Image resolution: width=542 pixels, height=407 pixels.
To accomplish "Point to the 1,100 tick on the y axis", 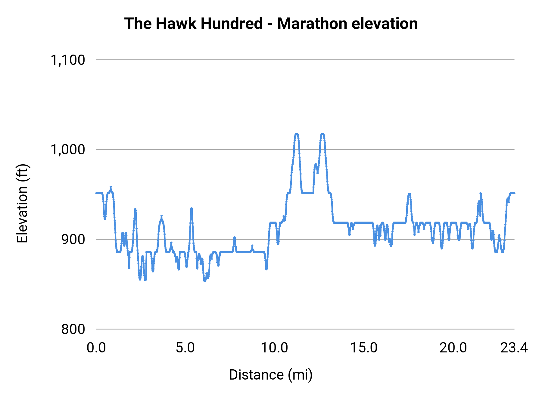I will (x=68, y=60).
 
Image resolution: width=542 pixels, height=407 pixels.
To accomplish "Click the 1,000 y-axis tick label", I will (x=68, y=150).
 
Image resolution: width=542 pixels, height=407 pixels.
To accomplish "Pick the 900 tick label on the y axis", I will (x=73, y=239).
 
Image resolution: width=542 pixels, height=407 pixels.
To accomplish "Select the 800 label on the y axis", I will (x=73, y=329).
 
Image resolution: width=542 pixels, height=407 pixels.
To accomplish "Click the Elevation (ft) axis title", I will (x=22, y=203).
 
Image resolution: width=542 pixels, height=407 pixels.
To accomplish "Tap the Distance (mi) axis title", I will (x=271, y=375).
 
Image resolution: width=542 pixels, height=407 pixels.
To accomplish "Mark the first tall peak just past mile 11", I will (x=297, y=134).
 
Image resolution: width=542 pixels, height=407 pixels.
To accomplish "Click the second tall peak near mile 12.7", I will (x=322, y=134).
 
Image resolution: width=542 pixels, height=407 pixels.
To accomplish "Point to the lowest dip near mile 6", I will (x=205, y=281).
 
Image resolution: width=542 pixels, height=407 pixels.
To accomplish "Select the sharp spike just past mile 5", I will (x=191, y=209).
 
